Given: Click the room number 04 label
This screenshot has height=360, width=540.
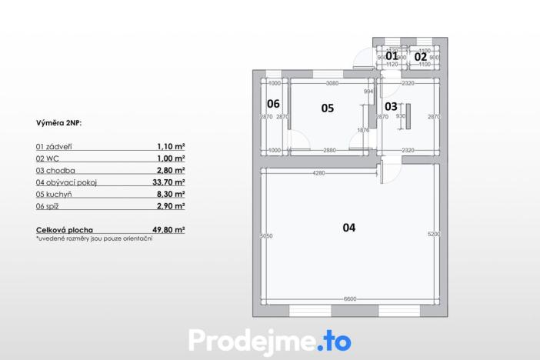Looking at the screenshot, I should click(x=349, y=228).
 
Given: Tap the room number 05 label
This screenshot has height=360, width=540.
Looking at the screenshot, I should click(x=327, y=108).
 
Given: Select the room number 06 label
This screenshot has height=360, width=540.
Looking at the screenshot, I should click(x=273, y=104).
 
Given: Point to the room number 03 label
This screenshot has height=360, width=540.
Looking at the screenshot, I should click(x=391, y=106).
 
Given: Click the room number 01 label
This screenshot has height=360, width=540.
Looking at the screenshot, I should click(x=392, y=56).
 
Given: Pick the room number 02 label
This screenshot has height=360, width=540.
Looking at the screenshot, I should click(x=421, y=56).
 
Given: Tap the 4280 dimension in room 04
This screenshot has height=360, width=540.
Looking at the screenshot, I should click(x=318, y=174).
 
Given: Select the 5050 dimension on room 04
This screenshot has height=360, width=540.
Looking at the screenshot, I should click(x=267, y=235).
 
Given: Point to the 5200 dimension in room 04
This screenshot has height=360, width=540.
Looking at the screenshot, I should click(x=433, y=234).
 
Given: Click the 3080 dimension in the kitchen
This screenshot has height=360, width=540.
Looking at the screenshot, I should click(x=332, y=83).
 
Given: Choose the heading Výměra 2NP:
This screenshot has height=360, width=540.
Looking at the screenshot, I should click(x=58, y=122).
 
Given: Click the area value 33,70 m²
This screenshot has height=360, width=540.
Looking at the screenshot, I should click(x=168, y=182).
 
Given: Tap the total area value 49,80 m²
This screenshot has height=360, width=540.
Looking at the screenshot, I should click(x=168, y=229).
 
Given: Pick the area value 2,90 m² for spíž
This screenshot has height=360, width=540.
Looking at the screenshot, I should click(x=171, y=206).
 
